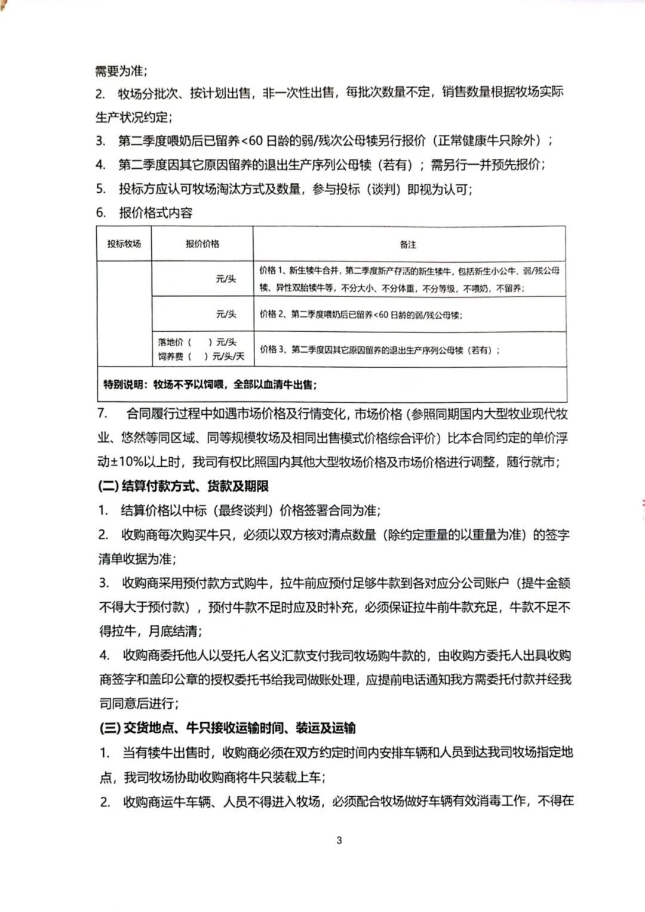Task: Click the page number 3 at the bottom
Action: coord(339,840)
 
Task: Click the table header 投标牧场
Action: coord(124,244)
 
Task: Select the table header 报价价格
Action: coord(202,244)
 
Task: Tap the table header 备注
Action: coord(408,244)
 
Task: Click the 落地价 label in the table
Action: coord(170,342)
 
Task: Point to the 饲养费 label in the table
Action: coord(170,356)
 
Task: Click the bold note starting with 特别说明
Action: coord(210,384)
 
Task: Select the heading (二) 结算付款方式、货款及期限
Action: coord(183,486)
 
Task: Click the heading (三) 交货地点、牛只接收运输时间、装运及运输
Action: coord(227,728)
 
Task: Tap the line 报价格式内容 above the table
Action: coord(155,213)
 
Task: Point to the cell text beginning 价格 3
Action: coord(380,350)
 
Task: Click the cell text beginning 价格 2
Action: coord(361,315)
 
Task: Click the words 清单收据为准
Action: coord(137,559)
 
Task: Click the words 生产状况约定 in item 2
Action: coord(133,117)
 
